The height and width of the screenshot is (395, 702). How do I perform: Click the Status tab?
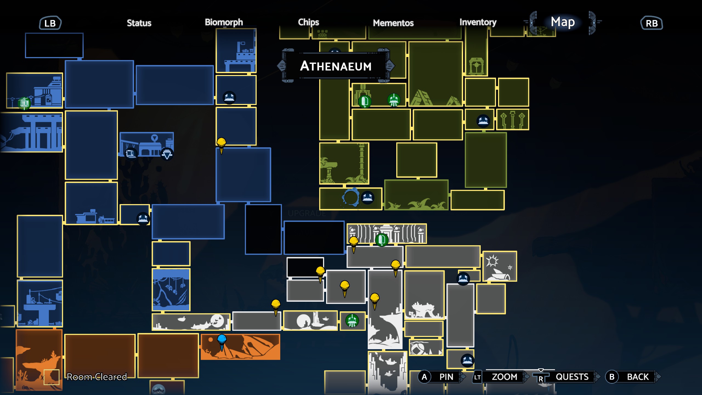[x=139, y=23]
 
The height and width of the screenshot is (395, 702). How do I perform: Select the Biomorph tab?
[x=224, y=22]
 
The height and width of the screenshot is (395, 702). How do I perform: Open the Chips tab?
[x=308, y=22]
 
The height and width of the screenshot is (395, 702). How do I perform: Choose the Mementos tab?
[x=393, y=23]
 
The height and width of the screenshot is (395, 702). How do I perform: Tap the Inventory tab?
[x=478, y=22]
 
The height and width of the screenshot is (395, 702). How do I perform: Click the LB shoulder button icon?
[x=50, y=23]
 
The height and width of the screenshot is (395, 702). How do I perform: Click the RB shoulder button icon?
[x=652, y=23]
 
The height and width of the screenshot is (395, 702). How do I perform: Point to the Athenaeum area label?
[x=336, y=66]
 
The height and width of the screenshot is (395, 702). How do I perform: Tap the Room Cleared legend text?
[x=97, y=377]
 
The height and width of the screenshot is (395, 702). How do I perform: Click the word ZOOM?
[x=504, y=377]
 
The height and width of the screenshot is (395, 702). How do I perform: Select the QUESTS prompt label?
[x=572, y=377]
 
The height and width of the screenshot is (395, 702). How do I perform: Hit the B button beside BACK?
[x=612, y=377]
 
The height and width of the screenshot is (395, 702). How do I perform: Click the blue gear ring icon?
[x=350, y=197]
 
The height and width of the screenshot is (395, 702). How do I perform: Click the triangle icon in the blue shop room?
[x=167, y=154]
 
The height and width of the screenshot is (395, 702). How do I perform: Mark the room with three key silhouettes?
[x=512, y=120]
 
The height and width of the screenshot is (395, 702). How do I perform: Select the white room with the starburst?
[x=500, y=266]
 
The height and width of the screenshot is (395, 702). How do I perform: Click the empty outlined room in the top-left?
[x=54, y=45]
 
